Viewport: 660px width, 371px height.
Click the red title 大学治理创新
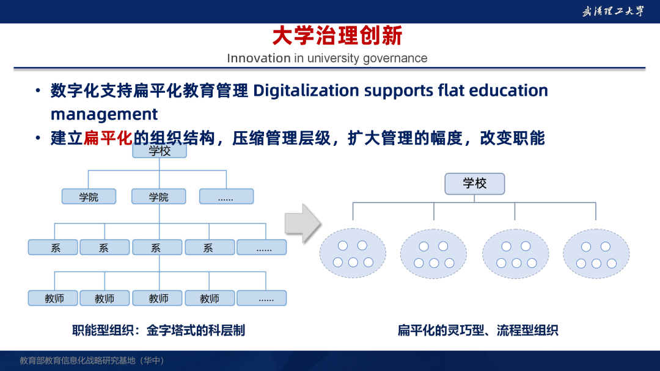point(337,36)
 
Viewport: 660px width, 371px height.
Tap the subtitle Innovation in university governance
point(327,58)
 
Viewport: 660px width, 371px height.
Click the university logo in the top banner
point(613,12)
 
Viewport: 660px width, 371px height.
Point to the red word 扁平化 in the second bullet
point(108,138)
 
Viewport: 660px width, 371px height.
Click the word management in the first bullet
point(104,114)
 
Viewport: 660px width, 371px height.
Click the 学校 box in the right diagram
point(474,184)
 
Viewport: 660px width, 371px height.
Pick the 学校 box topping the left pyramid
point(159,151)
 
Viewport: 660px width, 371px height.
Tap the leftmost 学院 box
point(89,196)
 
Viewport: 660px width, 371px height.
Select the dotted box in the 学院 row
point(227,196)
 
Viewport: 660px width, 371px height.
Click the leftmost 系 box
point(53,248)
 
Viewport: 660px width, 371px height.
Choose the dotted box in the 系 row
point(262,248)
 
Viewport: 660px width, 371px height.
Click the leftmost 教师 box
point(53,298)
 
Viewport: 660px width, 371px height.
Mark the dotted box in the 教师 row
point(262,298)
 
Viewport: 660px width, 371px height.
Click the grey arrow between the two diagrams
point(303,223)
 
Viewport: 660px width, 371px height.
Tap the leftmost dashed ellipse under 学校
point(353,253)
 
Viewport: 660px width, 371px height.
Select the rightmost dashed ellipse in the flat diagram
point(596,254)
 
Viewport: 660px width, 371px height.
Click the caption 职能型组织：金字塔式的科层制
point(158,331)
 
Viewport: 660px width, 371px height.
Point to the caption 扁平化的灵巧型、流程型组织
point(478,331)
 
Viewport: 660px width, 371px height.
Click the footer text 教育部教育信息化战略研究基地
point(78,361)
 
